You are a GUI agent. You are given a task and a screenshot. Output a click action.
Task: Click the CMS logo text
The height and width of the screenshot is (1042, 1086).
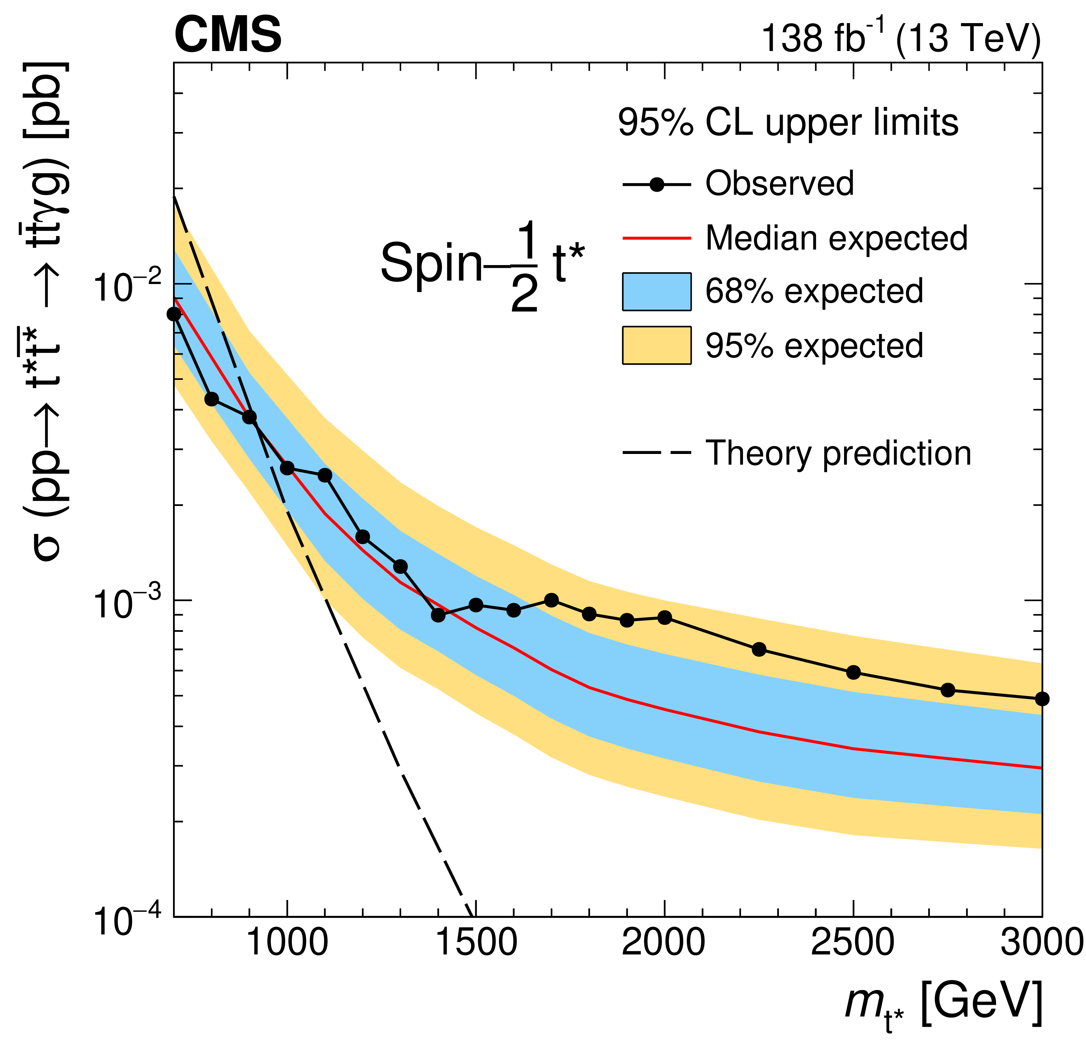[228, 35]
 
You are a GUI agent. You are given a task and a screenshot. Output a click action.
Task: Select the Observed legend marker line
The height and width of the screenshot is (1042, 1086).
[657, 184]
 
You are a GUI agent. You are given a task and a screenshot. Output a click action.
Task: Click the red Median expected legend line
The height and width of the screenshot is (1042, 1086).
[657, 238]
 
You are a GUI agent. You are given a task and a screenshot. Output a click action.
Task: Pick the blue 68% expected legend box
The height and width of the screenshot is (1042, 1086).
[657, 292]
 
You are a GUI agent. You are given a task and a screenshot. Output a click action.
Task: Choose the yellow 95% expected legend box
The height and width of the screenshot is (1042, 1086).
[657, 345]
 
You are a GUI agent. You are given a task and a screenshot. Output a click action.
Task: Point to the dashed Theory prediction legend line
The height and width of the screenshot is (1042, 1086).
[657, 453]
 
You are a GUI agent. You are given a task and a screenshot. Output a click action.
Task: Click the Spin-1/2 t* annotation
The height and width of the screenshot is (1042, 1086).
[482, 265]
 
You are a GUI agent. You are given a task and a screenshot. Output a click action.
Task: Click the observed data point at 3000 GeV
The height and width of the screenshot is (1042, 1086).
[1042, 699]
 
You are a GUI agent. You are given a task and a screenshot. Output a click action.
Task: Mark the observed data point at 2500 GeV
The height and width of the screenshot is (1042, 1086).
[853, 672]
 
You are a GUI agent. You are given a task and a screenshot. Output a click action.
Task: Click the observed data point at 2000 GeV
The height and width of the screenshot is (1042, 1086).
[665, 617]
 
